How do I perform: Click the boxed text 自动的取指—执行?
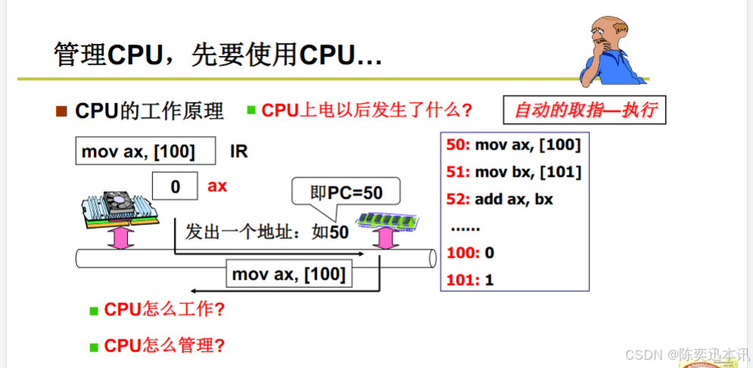coord(584,111)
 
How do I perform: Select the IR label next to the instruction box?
coord(239,151)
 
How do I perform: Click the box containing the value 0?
coord(175,186)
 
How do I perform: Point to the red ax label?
coord(218,186)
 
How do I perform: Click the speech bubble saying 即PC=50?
coord(346,192)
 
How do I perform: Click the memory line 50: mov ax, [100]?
coord(514,145)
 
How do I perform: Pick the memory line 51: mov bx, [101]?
coord(514,172)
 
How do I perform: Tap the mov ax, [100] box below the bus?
coord(290,274)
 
